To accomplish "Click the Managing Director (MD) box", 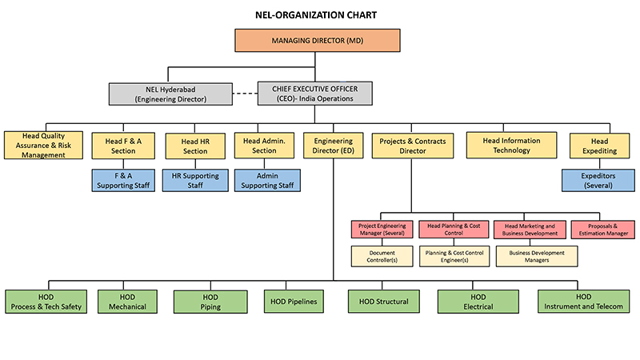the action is click(317, 41).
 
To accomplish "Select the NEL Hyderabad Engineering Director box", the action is click(170, 94).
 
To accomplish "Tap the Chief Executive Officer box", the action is click(314, 94).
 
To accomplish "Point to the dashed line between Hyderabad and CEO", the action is click(245, 94).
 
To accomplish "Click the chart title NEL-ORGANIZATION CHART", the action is click(316, 15).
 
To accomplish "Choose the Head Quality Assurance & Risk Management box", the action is click(43, 146).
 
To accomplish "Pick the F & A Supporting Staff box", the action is click(123, 181).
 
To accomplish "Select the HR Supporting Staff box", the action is click(195, 181).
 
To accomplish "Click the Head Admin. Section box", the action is click(264, 146).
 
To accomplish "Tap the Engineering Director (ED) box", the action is click(333, 146).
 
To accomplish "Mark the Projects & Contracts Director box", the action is click(412, 146).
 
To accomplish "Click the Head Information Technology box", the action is click(511, 145).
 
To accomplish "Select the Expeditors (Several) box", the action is click(598, 181).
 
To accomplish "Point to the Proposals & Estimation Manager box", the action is click(603, 230).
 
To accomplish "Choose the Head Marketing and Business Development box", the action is click(530, 230).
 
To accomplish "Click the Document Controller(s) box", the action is click(382, 256).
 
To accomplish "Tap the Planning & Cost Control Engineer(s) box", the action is click(454, 256).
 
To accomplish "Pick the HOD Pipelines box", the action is click(294, 302).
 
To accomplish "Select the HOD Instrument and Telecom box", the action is click(583, 302).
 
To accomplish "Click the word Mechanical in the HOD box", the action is click(127, 306).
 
